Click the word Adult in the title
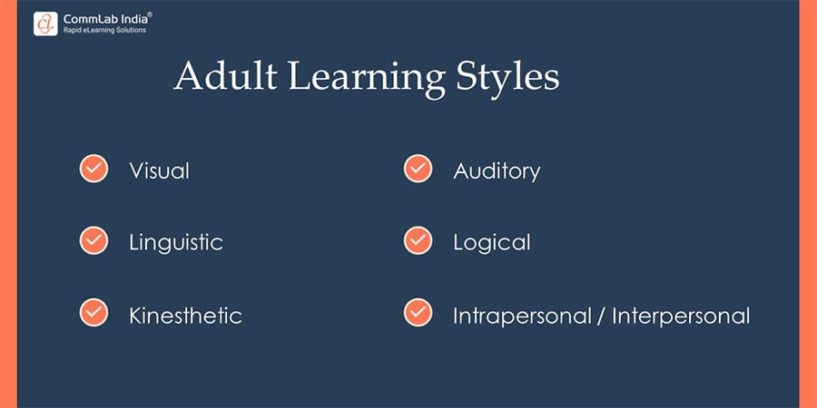coord(225,76)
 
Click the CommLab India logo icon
coord(45,24)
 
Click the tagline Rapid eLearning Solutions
coord(104,31)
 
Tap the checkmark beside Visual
coord(94,169)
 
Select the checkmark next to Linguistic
coord(94,240)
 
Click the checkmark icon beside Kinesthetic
coord(94,313)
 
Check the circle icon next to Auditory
coord(418,169)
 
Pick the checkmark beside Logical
coord(418,240)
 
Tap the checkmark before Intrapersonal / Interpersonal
coord(418,313)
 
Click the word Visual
coord(160,170)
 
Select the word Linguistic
coord(176,243)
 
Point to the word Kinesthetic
coord(185,316)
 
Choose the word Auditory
coord(497,171)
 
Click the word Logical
coord(492,243)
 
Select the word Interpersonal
coord(681,316)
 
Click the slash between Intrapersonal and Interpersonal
coord(603,316)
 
